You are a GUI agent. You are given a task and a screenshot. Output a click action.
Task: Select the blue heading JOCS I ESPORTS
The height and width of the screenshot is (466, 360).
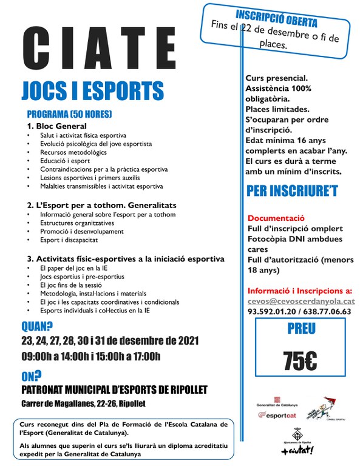point(93,90)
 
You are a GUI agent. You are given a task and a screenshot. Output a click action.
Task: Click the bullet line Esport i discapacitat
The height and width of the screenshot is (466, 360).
point(72,240)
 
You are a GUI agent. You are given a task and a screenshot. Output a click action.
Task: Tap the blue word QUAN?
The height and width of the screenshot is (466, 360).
point(36,326)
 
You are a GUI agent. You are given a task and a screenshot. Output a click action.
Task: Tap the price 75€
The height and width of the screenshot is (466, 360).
point(300,359)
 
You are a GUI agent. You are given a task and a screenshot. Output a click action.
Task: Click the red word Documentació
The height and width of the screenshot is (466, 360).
point(276,218)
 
